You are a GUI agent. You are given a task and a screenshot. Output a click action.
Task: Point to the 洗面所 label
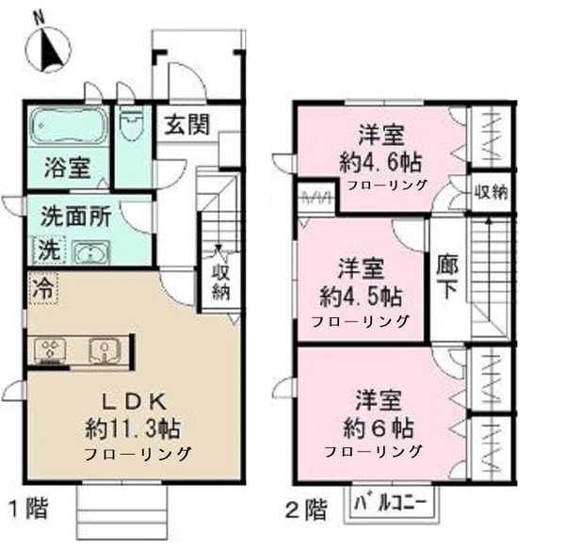pos(74,215)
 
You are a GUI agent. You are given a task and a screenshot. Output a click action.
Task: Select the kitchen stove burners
pos(49,350)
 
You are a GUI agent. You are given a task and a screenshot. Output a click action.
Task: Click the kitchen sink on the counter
pos(101,350)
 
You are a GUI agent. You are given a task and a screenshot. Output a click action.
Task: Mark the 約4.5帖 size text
pos(361,297)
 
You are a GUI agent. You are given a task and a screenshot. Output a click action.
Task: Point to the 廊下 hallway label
pos(446,277)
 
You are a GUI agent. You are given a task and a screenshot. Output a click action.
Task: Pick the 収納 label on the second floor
pos(491,192)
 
